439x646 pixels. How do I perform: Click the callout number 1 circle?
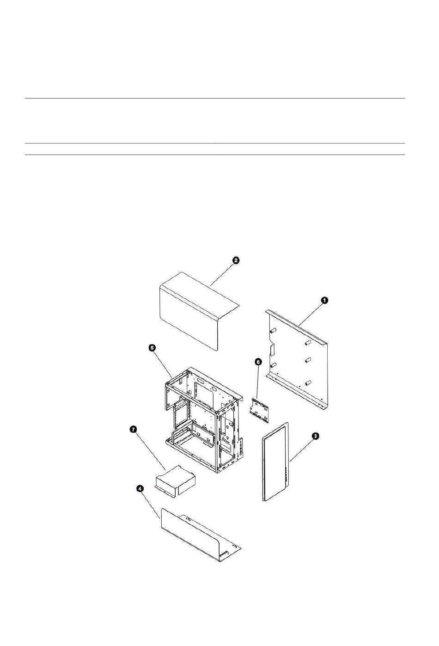[324, 300]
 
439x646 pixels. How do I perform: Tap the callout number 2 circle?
[235, 260]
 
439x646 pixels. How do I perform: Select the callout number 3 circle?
[315, 436]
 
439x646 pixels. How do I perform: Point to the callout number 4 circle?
[140, 488]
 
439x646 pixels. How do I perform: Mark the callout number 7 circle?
[133, 430]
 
